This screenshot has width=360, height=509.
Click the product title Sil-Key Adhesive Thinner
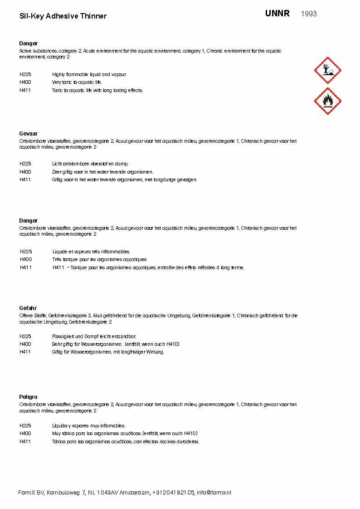click(63, 16)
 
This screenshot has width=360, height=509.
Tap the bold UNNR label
click(277, 14)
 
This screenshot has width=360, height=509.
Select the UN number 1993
click(309, 14)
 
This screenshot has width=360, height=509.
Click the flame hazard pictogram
click(327, 101)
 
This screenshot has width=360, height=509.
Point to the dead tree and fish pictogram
click(327, 70)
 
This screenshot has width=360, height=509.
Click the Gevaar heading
click(28, 134)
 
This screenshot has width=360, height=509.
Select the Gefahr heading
click(28, 308)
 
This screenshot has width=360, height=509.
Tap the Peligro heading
click(28, 397)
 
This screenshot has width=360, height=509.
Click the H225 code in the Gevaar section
click(25, 164)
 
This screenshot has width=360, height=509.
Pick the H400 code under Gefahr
click(25, 344)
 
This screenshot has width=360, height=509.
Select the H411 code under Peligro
click(25, 441)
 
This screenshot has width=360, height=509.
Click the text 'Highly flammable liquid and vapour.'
click(89, 74)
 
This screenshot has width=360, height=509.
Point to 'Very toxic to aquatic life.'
click(77, 82)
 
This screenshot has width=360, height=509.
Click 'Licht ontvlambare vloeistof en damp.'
click(90, 164)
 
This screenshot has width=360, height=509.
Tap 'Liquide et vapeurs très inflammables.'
click(92, 252)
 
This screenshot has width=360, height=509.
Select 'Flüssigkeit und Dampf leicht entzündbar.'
click(94, 336)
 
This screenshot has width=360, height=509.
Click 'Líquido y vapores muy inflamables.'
click(88, 426)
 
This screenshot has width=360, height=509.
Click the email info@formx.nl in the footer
click(214, 493)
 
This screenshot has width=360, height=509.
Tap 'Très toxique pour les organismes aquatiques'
click(100, 260)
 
